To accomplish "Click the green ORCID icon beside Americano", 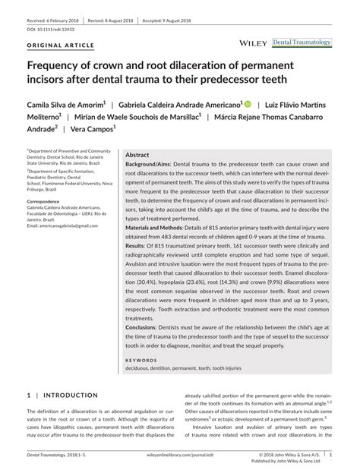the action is [x=247, y=102].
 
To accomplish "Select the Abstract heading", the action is [x=137, y=153].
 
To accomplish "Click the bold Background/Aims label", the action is [x=149, y=164].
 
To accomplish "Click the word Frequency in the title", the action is [x=62, y=65].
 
